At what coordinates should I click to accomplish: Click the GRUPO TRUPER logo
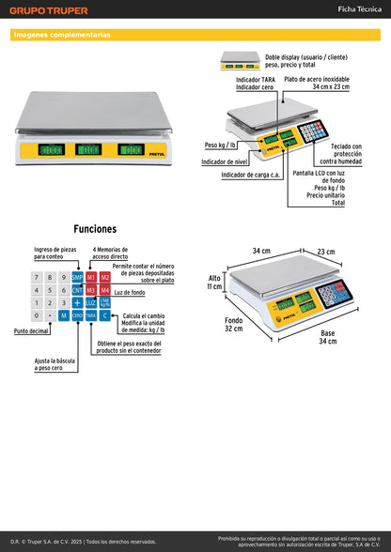50,10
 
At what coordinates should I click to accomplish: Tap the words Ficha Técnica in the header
358,9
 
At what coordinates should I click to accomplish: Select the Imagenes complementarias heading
62,35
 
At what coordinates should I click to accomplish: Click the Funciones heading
95,228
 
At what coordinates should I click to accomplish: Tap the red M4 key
105,291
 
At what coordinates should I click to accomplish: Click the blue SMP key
77,278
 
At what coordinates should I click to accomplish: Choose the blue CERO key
77,316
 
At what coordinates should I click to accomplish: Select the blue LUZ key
91,303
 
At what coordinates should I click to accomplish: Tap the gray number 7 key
37,278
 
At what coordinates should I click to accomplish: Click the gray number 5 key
50,291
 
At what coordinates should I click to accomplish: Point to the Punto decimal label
32,331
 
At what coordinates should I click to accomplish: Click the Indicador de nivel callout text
225,161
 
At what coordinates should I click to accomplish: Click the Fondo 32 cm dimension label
232,324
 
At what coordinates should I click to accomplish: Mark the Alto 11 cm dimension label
214,282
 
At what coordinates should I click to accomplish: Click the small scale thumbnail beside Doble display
239,61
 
